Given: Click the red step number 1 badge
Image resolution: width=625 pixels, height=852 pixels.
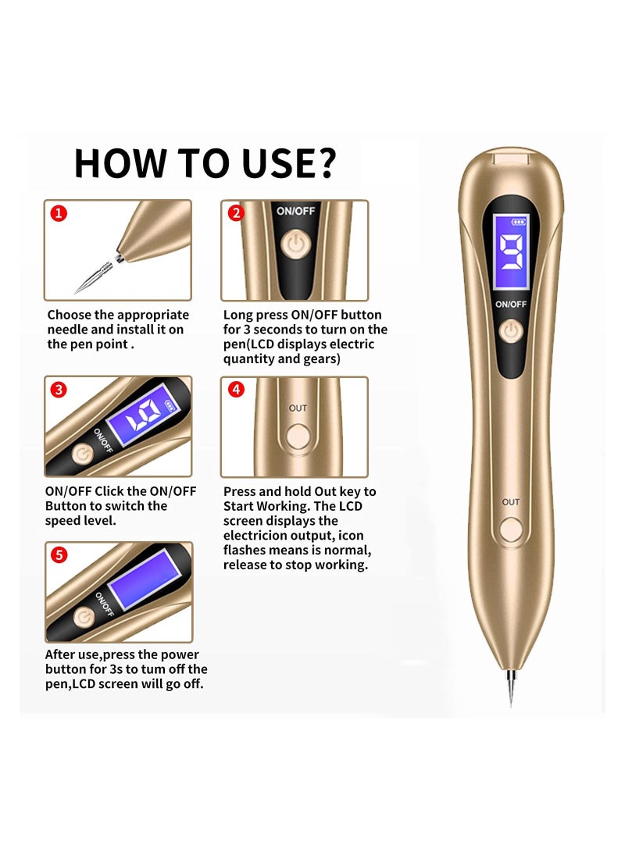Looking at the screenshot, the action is (x=59, y=213).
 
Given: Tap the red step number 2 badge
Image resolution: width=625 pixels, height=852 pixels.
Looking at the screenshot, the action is (x=235, y=213).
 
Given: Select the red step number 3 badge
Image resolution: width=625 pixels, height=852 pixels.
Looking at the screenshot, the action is (x=59, y=390).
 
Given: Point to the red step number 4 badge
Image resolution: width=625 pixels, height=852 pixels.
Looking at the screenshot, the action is (x=236, y=389).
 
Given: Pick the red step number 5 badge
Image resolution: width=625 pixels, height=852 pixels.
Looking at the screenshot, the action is (x=59, y=554).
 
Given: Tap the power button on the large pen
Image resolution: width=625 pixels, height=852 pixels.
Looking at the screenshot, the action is (x=510, y=331).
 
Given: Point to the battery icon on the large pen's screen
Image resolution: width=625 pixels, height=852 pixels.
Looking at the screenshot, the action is (x=519, y=222).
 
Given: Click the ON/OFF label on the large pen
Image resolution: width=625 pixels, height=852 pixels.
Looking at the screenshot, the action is (x=511, y=305).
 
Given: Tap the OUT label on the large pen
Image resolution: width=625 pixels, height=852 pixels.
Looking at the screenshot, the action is (x=511, y=502).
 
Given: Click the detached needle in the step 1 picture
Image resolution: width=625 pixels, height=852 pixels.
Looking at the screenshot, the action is (x=95, y=276).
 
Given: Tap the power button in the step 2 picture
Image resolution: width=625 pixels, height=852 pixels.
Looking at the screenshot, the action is (x=295, y=244).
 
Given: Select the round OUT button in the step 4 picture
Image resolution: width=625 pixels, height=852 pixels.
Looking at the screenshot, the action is (x=298, y=437).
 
